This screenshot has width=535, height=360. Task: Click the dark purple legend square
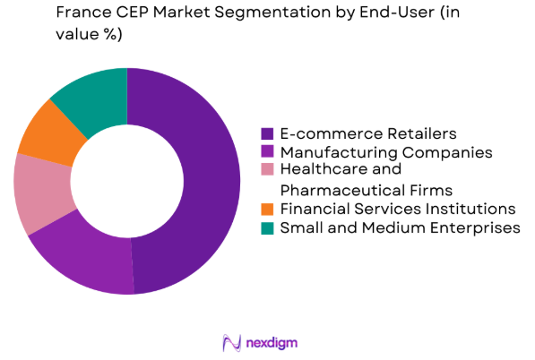(267, 133)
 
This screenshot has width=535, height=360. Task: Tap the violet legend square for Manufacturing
(267, 152)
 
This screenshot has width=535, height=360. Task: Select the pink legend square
(267, 171)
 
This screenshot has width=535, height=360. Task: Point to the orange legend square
(267, 210)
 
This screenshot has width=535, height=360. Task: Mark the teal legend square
(267, 228)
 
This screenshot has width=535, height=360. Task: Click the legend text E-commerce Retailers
(356, 133)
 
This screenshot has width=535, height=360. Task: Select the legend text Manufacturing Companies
(385, 152)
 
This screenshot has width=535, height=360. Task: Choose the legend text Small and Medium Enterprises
(400, 228)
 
